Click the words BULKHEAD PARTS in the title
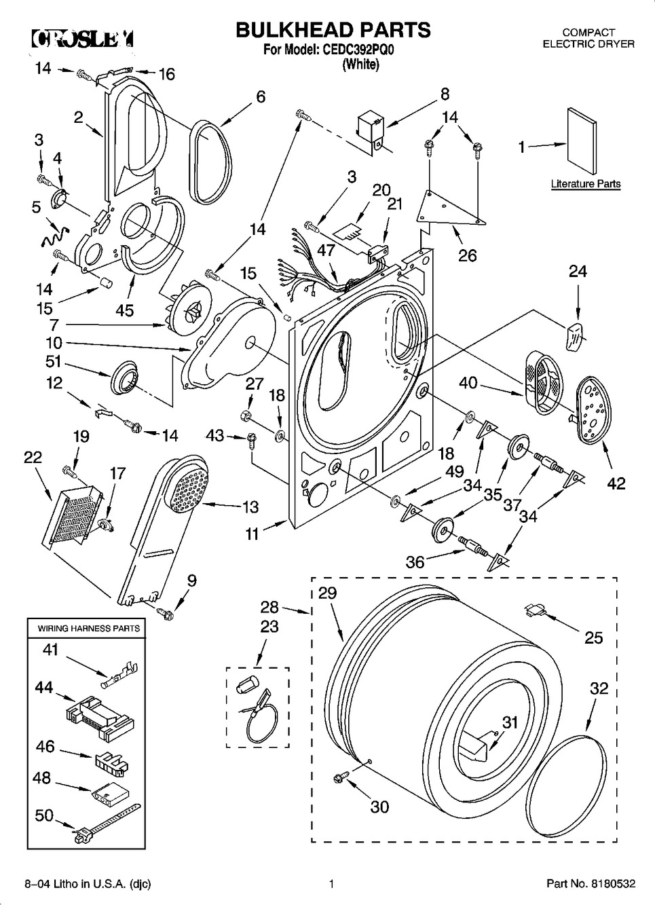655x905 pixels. (333, 30)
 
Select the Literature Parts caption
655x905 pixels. (585, 184)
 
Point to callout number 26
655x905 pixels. (467, 255)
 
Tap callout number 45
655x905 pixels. (124, 310)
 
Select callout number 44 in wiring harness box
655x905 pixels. (44, 687)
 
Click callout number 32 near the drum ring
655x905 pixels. (599, 688)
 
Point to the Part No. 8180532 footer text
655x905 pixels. (591, 884)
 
